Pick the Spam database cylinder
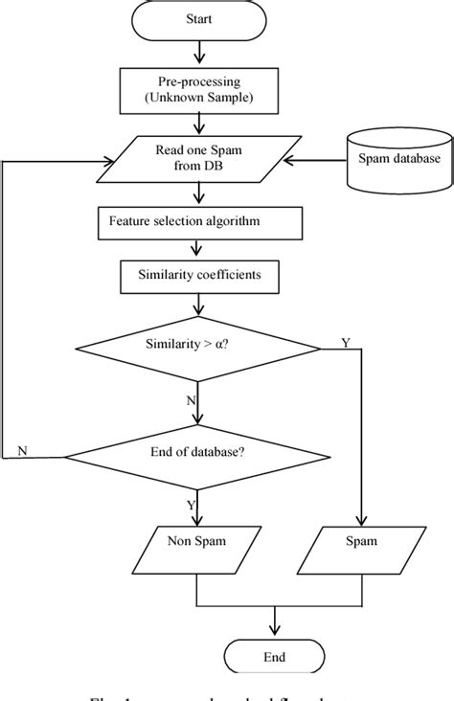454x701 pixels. click(393, 159)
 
